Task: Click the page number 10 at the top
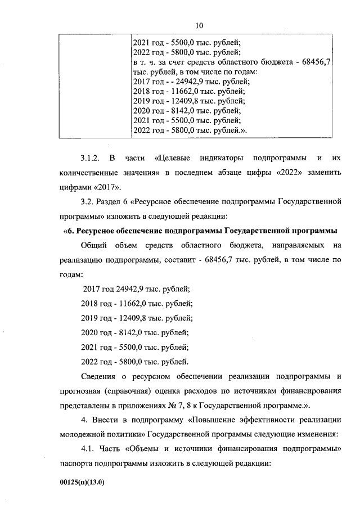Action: click(199, 26)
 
